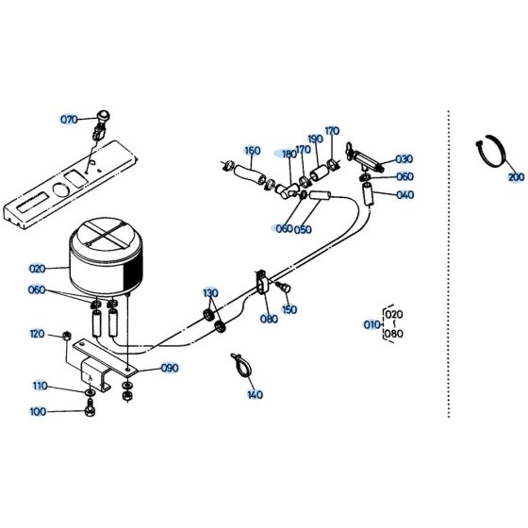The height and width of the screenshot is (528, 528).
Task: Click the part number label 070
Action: click(x=68, y=120)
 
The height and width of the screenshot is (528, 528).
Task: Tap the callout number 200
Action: click(x=515, y=176)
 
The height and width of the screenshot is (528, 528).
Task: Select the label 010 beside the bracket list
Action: click(x=371, y=324)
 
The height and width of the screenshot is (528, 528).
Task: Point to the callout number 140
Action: click(x=254, y=395)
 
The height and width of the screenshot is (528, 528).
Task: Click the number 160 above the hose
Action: click(x=252, y=151)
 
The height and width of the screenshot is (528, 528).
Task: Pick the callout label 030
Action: click(x=404, y=159)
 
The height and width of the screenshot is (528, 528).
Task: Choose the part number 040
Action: click(x=404, y=195)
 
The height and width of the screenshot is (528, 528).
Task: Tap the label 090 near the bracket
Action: click(x=170, y=367)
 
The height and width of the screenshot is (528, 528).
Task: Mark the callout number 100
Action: click(x=64, y=411)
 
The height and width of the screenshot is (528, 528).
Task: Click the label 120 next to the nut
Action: click(x=37, y=334)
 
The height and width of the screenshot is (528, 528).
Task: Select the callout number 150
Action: click(x=289, y=308)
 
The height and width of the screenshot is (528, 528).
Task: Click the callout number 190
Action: click(x=314, y=139)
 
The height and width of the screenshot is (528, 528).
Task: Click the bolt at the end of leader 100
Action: click(x=89, y=410)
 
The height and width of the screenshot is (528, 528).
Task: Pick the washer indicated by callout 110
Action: click(x=89, y=390)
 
